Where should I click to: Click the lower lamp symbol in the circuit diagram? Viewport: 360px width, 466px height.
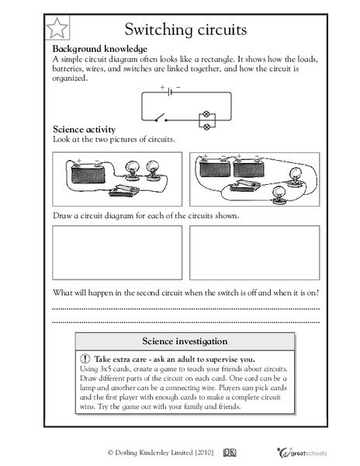pyautogui.click(x=206, y=124)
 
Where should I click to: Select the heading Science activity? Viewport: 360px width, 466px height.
pyautogui.click(x=85, y=128)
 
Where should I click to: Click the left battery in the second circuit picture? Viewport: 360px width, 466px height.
pyautogui.click(x=209, y=169)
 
